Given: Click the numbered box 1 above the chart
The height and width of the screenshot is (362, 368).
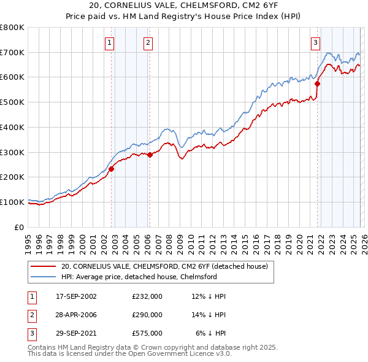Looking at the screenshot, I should pyautogui.click(x=109, y=42).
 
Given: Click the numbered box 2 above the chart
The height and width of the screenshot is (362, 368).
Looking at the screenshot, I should pyautogui.click(x=148, y=42).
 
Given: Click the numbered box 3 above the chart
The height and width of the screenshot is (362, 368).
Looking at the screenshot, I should pyautogui.click(x=315, y=42).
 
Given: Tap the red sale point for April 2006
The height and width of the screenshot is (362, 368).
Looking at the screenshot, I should pyautogui.click(x=150, y=155).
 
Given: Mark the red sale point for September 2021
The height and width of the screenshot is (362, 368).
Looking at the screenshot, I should pyautogui.click(x=318, y=83).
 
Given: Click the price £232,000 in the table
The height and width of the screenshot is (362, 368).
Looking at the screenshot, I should pyautogui.click(x=147, y=296).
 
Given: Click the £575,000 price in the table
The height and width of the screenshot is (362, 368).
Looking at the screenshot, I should pyautogui.click(x=147, y=333).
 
